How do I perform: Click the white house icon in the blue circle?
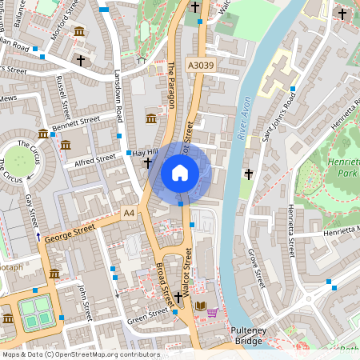click(x=180, y=172)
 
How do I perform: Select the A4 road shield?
click(x=130, y=213)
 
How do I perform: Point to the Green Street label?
click(x=148, y=321)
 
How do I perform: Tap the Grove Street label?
click(x=256, y=268)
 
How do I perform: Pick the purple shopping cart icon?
click(x=212, y=312)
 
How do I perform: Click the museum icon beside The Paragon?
click(x=151, y=119)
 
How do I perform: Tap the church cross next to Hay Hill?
click(x=148, y=163)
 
